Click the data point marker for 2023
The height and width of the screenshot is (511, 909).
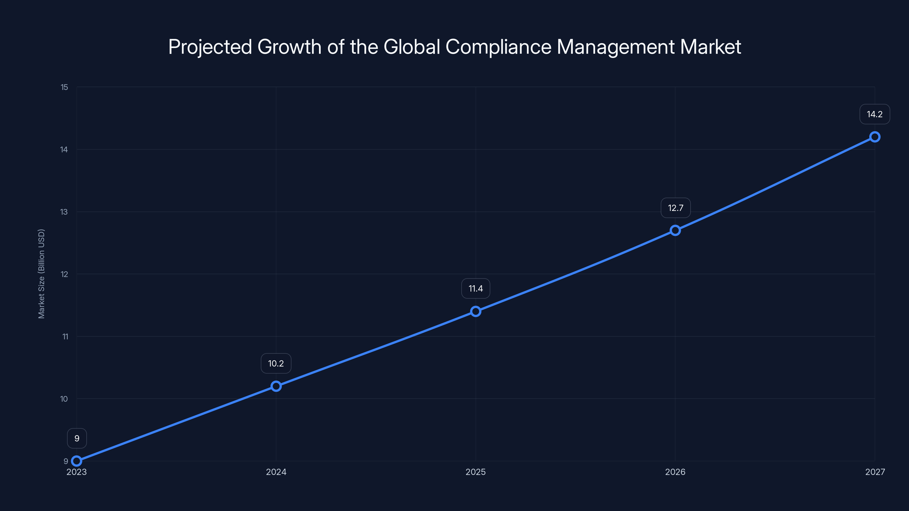(x=77, y=461)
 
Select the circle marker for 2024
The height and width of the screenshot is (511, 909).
(x=276, y=386)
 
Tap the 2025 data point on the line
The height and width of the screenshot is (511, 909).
(x=476, y=311)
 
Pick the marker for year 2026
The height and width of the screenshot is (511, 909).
(x=675, y=230)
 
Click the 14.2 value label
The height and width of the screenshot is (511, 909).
(x=874, y=114)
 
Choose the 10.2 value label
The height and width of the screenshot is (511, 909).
(x=276, y=364)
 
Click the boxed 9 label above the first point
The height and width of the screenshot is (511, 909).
(x=77, y=438)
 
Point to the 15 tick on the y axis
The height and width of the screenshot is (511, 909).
(x=64, y=87)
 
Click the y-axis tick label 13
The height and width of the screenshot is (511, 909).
(x=64, y=212)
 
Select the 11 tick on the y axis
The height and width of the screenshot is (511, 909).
(x=65, y=337)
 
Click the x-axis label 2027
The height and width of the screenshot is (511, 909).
(x=875, y=472)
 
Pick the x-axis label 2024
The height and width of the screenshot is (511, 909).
(x=276, y=472)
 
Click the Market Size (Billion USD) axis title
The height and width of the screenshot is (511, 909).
(x=41, y=274)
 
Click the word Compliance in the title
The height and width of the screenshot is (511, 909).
(x=498, y=47)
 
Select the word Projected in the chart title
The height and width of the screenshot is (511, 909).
(x=210, y=47)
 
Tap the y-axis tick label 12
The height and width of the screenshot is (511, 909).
(x=64, y=274)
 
